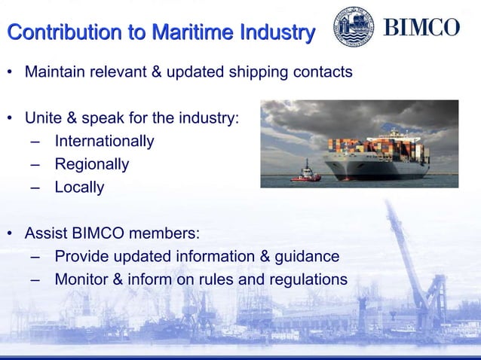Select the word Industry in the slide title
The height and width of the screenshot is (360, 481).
coord(276,33)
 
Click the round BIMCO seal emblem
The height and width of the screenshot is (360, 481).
coord(354,27)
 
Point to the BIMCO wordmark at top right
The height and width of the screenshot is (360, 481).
coord(421,28)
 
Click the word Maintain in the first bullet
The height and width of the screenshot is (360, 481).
coord(56,73)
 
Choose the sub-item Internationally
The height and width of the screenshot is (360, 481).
coord(104,141)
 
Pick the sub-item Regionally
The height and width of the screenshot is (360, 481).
coord(91,164)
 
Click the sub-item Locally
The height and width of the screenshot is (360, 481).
coord(79,187)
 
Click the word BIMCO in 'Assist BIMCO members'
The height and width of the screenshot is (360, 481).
coord(96,233)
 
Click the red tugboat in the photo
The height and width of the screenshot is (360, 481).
coord(305,173)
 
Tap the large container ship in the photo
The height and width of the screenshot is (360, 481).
coord(377,154)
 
